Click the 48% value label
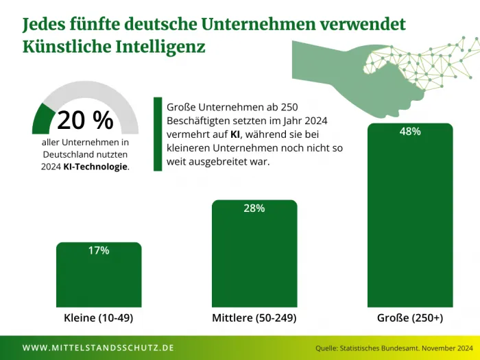tap(410, 132)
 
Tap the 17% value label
tap(99, 250)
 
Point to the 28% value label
tap(254, 208)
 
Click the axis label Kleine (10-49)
tap(98, 319)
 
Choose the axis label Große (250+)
tap(410, 319)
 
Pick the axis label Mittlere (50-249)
tap(254, 319)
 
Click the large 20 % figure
tap(85, 120)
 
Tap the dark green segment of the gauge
tap(43, 118)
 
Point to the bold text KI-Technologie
tap(95, 166)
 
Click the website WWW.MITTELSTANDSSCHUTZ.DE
tap(98, 348)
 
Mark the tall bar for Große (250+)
tap(410, 219)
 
